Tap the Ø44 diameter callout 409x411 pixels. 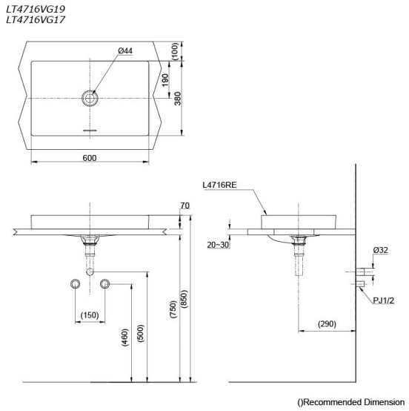[x=124, y=50]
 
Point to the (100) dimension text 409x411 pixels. [x=175, y=51]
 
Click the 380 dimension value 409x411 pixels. [x=175, y=99]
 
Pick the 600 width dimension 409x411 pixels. [x=90, y=157]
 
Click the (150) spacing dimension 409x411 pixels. [x=90, y=316]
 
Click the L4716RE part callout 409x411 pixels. [x=219, y=185]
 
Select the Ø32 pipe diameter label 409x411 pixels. [x=381, y=250]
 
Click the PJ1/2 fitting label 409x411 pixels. [x=384, y=300]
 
